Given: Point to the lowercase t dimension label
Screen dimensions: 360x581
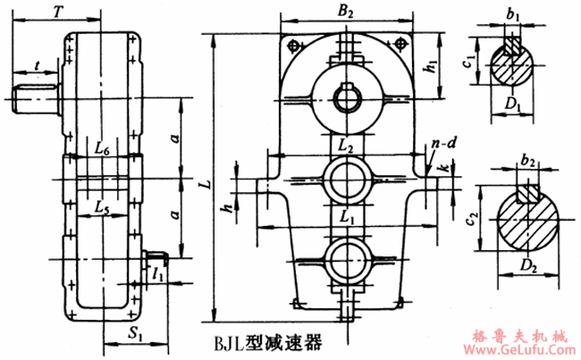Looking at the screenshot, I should pos(35,64).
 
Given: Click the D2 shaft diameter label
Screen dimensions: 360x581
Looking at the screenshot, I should pos(531,264).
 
